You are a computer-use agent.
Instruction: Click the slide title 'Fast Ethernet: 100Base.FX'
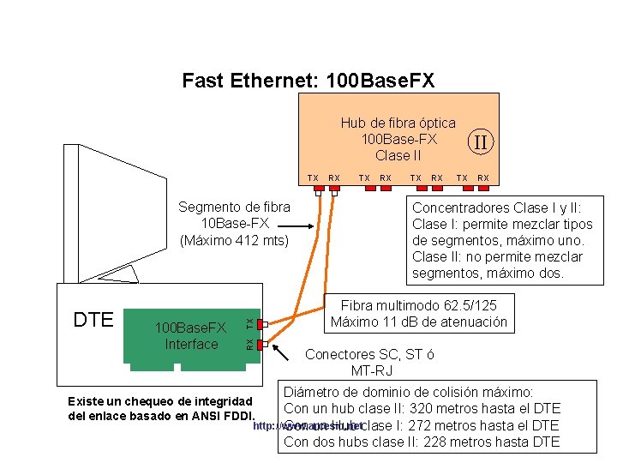point(308,81)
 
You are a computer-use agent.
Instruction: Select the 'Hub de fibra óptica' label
point(398,123)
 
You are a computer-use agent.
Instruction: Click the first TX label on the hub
point(314,178)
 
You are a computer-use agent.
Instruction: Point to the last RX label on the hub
point(483,178)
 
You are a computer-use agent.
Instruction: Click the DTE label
point(93,320)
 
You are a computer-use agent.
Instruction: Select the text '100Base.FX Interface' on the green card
point(190,336)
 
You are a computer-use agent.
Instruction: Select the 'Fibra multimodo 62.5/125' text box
point(419,314)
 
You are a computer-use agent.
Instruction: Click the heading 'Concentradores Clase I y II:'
point(496,208)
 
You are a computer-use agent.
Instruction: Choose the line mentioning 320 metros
point(422,408)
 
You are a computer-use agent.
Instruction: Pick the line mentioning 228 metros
point(422,442)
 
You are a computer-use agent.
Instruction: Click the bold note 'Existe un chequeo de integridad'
point(159,401)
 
